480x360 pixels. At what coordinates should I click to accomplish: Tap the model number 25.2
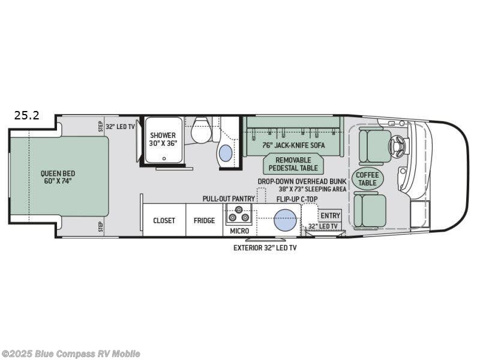(x=27, y=116)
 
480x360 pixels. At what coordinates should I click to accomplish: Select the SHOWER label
(x=163, y=139)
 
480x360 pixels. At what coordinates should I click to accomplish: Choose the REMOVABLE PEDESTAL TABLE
(x=293, y=164)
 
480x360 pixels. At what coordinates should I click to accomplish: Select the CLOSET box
(x=164, y=220)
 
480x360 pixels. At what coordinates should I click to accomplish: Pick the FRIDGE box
(x=204, y=220)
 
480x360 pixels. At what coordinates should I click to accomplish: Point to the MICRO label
(x=239, y=231)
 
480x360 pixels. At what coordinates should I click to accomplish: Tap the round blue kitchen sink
(x=286, y=220)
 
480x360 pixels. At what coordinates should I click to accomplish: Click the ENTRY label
(x=330, y=216)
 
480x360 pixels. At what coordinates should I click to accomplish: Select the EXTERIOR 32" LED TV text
(x=265, y=247)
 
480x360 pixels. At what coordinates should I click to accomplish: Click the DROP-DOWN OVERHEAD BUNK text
(x=302, y=181)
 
